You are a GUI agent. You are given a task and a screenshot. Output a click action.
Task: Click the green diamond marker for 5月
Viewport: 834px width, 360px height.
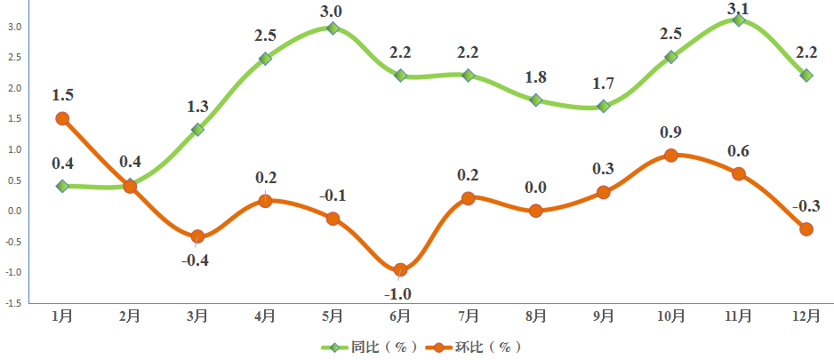[333, 28]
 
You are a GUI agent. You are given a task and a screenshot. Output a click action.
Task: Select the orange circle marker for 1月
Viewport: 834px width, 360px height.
[62, 118]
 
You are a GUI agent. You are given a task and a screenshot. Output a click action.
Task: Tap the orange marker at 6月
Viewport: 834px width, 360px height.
[400, 269]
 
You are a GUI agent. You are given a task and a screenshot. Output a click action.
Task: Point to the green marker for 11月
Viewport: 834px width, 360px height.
[738, 20]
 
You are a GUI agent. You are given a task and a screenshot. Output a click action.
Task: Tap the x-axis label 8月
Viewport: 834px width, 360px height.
[535, 316]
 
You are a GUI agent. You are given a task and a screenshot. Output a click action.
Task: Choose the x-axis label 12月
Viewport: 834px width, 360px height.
[806, 316]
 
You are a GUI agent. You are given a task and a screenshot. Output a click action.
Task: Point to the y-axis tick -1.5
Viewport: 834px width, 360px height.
[13, 303]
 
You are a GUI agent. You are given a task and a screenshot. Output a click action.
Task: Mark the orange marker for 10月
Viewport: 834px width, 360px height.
[671, 156]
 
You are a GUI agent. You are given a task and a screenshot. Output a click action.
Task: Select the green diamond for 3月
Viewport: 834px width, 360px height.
[197, 130]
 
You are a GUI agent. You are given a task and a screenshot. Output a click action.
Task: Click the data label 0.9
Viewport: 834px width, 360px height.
[670, 133]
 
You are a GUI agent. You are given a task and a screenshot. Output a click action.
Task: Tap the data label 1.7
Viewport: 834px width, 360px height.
[603, 84]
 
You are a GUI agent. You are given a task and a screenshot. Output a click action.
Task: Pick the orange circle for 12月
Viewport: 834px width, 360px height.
[806, 228]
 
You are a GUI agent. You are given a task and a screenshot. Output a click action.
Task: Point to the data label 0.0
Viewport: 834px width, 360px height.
[535, 188]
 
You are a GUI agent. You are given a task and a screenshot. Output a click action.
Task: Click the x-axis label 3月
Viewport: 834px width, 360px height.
[197, 316]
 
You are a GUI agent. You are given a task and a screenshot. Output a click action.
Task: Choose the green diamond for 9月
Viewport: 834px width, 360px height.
[604, 106]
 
